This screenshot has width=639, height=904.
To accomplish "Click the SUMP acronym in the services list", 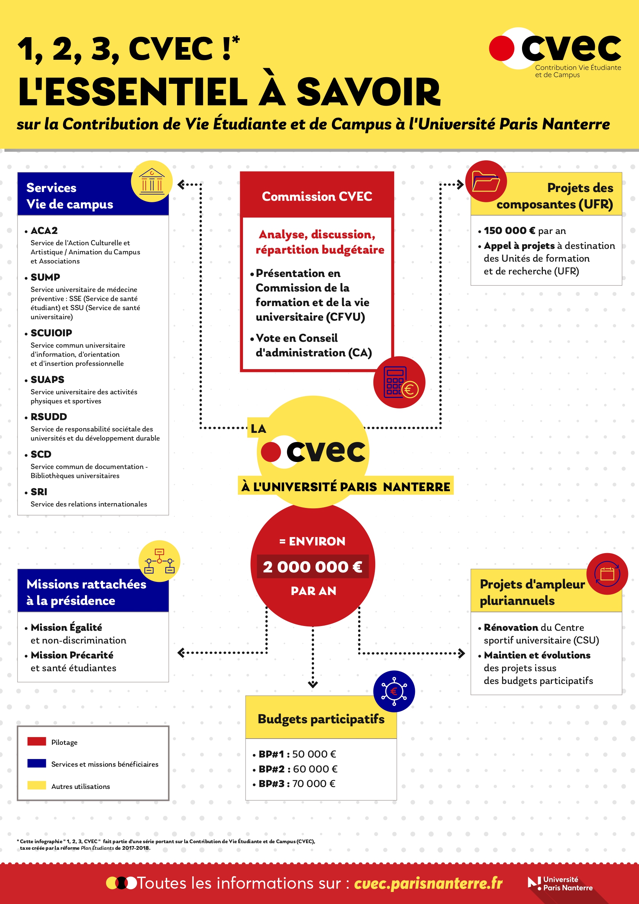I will point(45,277).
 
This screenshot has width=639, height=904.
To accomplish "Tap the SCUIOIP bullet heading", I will point(51,333).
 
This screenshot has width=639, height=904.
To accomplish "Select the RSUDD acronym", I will point(49,416).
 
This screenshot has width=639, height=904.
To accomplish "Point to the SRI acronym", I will point(39,492).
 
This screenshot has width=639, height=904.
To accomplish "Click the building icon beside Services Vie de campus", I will point(152,181).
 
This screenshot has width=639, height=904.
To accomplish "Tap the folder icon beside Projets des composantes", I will point(486,181).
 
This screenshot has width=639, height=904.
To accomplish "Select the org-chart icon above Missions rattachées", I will point(159,561).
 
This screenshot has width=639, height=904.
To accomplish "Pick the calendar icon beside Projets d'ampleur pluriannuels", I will point(607,574).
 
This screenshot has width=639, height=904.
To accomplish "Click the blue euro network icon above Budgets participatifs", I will point(394,691).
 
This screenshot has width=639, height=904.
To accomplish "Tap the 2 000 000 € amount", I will point(313,567).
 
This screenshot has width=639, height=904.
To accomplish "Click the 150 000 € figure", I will point(509,231).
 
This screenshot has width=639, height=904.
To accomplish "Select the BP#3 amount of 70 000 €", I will point(314,783).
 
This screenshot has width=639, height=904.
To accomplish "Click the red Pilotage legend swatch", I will point(37,741).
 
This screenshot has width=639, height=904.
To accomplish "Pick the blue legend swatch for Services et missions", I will point(37,763).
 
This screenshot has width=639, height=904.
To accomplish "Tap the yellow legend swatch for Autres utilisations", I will point(37,786).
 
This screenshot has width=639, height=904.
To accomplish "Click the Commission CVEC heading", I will point(317,196).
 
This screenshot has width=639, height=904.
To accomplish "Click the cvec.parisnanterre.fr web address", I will point(428,883).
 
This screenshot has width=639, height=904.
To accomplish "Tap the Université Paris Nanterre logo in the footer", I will point(560,884).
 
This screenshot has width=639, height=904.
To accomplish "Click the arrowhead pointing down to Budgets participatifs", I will point(313,685).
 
